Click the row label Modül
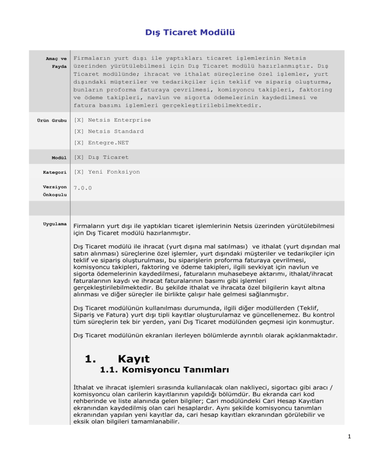[59, 157]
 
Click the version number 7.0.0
[83, 188]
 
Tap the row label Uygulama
[54, 224]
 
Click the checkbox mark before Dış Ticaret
[79, 157]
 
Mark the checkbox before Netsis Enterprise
[79, 120]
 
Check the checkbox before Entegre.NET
[79, 143]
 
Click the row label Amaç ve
[56, 58]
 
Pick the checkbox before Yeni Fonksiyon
[79, 172]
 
